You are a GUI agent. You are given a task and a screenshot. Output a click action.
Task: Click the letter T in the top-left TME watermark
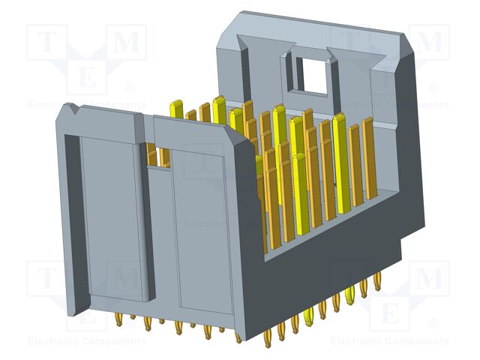click(x=46, y=44)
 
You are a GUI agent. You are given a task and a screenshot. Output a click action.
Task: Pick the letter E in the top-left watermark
click(x=87, y=77)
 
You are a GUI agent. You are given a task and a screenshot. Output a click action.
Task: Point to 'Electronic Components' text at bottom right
click(x=390, y=341)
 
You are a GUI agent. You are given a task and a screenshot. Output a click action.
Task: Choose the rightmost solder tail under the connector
click(x=377, y=286)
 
